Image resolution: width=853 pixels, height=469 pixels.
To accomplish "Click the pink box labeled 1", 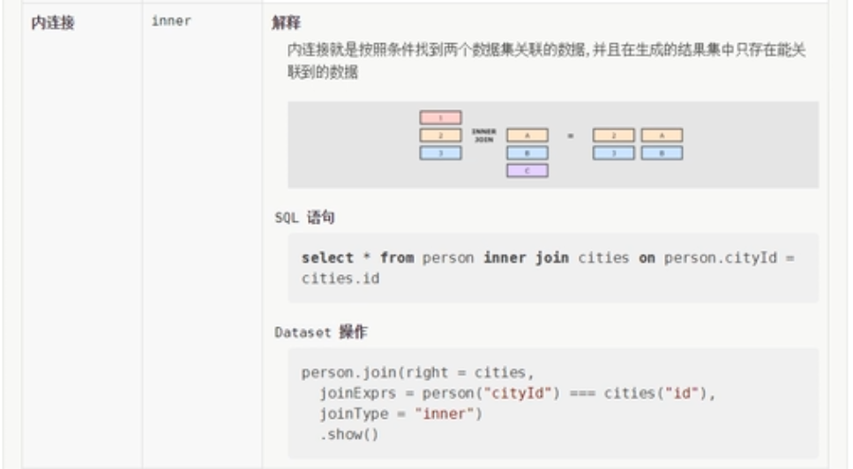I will (440, 117).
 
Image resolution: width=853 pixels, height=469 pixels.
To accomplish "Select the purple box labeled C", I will (528, 170).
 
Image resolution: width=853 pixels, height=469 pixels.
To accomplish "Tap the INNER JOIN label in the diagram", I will (483, 135).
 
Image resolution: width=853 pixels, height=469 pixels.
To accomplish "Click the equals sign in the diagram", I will (570, 136).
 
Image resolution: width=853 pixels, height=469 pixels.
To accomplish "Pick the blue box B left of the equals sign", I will (528, 153).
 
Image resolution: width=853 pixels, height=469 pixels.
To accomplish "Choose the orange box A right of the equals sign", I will (662, 136).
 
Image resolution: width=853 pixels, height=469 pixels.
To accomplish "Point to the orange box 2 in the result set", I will (614, 136).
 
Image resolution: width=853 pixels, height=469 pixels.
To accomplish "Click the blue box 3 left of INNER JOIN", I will (440, 153).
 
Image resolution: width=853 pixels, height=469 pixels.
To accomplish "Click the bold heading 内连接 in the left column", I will (52, 23).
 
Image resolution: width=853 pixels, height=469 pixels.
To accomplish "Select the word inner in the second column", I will (171, 22).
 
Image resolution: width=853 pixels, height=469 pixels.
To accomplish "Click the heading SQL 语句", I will (303, 217).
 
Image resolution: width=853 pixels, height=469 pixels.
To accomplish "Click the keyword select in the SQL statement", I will (326, 258).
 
